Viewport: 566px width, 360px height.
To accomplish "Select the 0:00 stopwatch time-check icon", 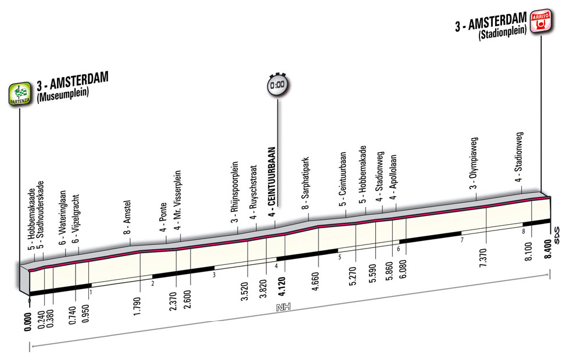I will [277, 85].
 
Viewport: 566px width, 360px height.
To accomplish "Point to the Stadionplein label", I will [503, 35].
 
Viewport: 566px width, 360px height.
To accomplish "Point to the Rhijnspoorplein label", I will [235, 192].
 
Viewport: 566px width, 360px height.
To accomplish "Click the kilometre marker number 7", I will [461, 240].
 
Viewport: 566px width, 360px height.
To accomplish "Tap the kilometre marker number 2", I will [152, 283].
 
